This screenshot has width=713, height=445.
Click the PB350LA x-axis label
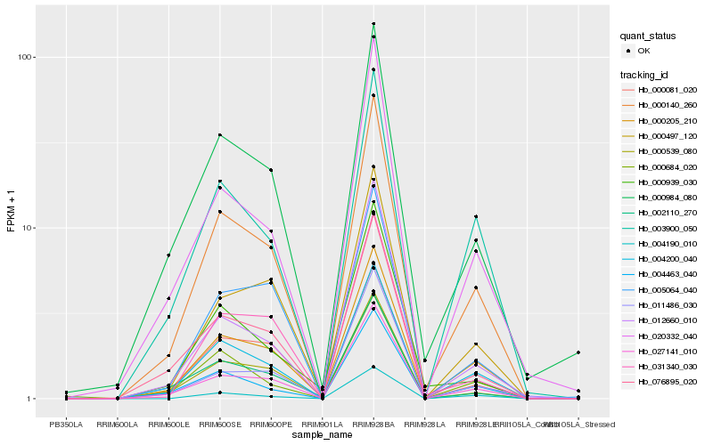66,425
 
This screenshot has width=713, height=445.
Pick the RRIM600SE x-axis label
219,425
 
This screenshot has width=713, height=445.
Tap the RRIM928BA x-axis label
373,425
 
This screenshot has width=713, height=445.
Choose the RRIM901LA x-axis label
323,425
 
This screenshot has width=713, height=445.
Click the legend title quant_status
650,36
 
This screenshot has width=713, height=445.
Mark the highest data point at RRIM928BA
373,23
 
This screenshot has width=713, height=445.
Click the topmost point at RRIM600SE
219,135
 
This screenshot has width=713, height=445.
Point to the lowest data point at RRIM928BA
373,367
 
